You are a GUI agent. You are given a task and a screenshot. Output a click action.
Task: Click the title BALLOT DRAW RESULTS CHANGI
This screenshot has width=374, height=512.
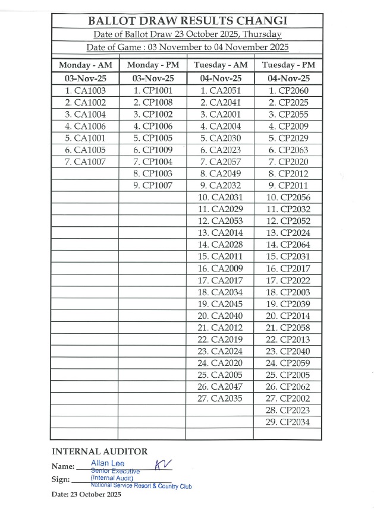187,21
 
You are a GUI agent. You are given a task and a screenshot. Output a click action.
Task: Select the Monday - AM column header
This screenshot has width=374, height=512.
85,65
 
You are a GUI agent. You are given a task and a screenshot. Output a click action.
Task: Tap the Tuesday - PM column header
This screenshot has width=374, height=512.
288,65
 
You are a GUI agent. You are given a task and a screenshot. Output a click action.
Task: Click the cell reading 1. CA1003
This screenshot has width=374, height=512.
85,91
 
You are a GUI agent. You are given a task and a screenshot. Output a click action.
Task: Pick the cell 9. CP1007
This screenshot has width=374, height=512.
153,185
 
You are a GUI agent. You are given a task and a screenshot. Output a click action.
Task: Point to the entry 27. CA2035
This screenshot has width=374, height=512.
220,399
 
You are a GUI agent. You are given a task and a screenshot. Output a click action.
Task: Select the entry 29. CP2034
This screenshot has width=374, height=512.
288,422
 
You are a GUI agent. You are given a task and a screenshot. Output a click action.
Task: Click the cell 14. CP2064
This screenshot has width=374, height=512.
288,245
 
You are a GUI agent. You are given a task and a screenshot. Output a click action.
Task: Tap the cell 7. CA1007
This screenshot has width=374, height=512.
85,162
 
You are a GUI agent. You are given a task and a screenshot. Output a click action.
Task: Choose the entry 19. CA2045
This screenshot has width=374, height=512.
220,304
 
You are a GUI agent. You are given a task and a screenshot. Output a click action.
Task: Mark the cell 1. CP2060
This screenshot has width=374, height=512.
288,91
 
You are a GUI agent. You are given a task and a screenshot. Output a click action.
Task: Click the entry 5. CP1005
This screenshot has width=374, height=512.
153,138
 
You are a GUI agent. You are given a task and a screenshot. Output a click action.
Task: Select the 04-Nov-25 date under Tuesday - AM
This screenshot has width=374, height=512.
220,78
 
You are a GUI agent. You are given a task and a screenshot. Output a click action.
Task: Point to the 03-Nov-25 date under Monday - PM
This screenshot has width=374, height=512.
153,78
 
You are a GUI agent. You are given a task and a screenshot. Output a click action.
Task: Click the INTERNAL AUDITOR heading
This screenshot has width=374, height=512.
100,451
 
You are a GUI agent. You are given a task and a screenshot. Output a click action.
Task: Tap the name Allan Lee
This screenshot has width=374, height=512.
108,463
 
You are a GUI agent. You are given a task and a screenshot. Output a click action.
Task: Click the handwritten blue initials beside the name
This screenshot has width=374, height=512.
162,465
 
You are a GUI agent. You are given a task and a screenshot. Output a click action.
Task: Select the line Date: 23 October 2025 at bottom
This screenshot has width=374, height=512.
86,494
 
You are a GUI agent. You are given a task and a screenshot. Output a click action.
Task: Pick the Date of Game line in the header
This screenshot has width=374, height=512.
187,47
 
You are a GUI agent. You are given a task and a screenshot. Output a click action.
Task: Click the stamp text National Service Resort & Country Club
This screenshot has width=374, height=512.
141,485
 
